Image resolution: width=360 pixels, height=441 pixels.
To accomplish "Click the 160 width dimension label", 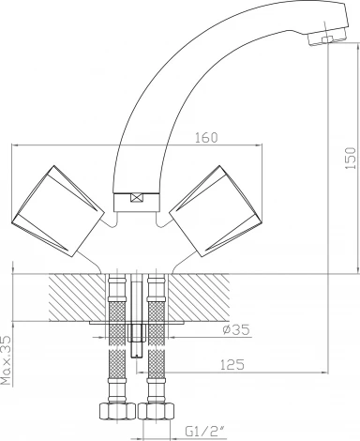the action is [206, 138].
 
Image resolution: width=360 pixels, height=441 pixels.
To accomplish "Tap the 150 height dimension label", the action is [351, 159].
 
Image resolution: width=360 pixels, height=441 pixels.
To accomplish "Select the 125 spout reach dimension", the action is [232, 365].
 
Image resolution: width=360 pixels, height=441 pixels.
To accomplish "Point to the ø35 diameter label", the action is [236, 329].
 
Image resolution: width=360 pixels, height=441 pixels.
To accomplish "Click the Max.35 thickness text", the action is [6, 360].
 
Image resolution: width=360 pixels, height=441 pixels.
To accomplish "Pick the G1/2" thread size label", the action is [206, 432].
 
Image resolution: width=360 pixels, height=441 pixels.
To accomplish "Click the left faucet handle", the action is [57, 211].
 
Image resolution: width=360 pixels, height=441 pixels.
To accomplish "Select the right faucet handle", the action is [215, 211].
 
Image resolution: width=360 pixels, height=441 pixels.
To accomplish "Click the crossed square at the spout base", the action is [137, 198].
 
